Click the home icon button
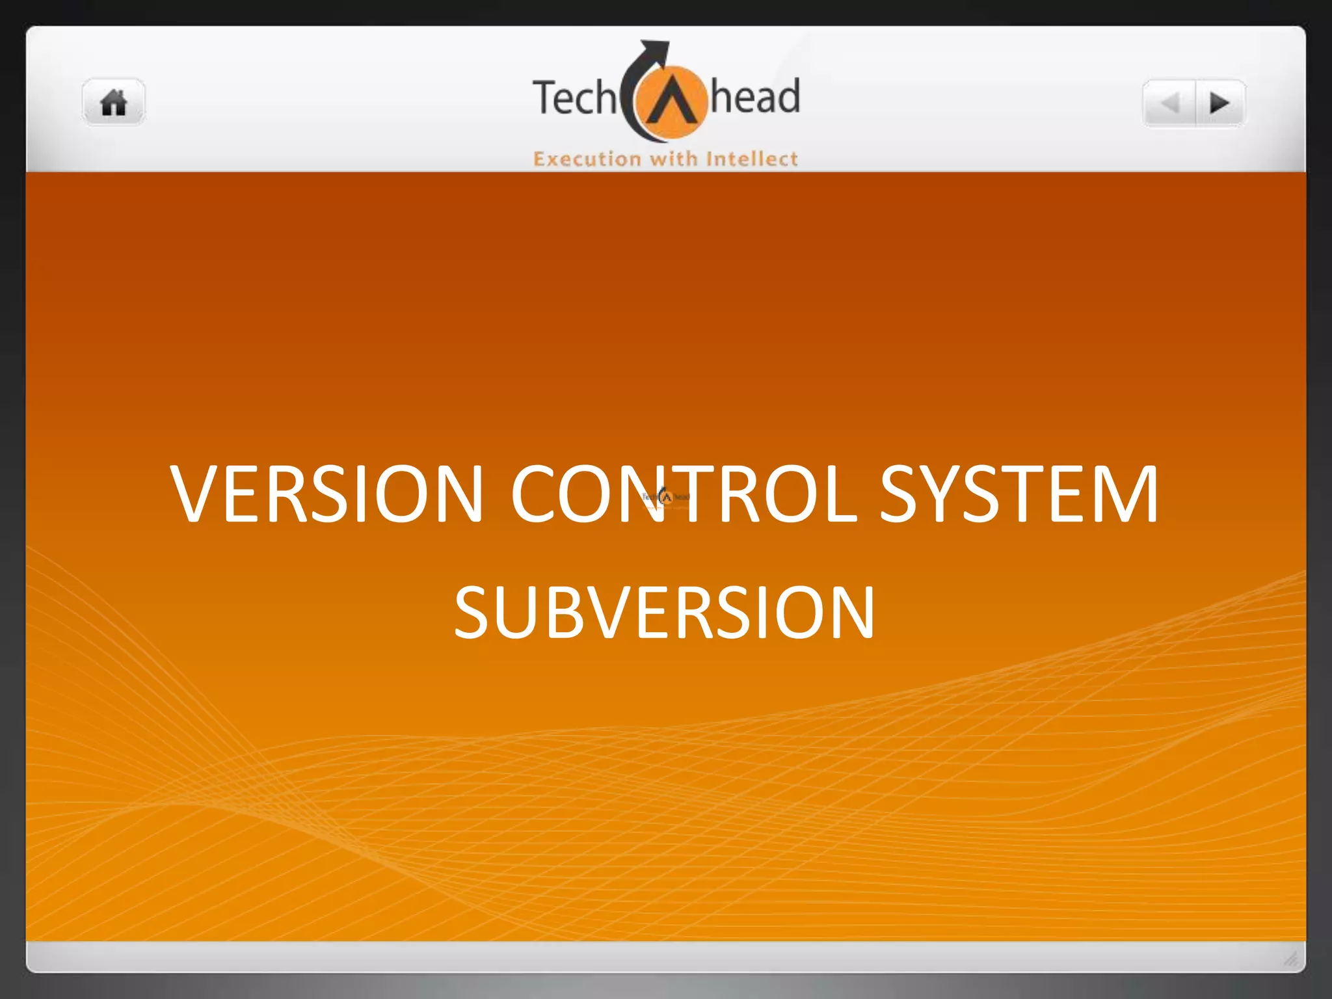(x=114, y=103)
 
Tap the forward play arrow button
(x=1219, y=103)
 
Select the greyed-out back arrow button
(x=1170, y=103)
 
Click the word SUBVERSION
(x=664, y=613)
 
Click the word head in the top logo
(x=754, y=98)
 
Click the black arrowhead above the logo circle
(x=656, y=49)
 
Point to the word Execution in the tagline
(x=587, y=159)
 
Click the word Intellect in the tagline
(x=752, y=159)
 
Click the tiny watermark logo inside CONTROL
(x=665, y=498)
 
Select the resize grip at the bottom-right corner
(x=1291, y=958)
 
